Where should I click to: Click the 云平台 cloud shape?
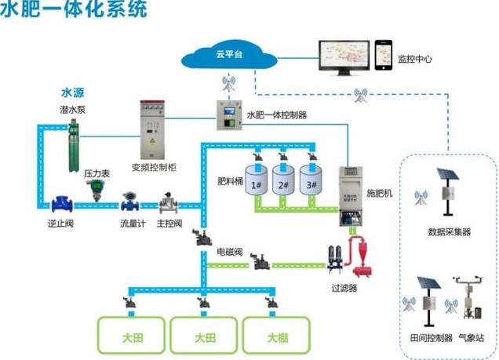pyautogui.click(x=228, y=56)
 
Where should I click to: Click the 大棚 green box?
pyautogui.click(x=275, y=336)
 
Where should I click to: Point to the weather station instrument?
pyautogui.click(x=472, y=301)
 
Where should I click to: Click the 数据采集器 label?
pyautogui.click(x=449, y=232)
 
